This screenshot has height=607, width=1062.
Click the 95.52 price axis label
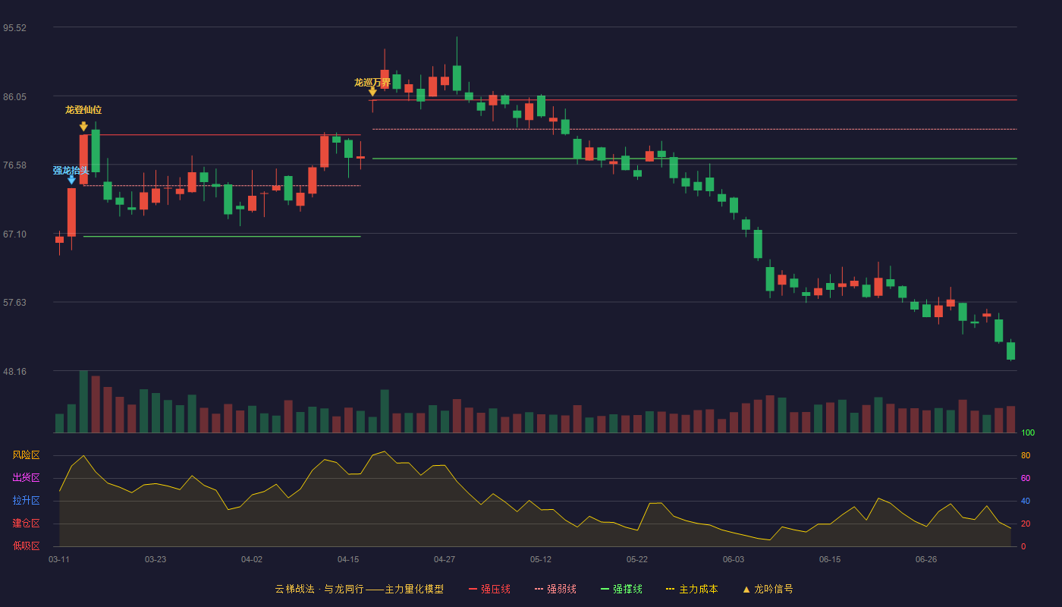point(14,28)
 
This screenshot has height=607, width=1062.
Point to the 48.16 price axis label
point(14,371)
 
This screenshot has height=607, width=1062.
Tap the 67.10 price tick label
point(14,234)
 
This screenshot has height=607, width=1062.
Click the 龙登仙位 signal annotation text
point(83,110)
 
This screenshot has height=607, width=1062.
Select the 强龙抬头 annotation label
point(71,170)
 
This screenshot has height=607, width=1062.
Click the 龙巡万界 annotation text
point(372,83)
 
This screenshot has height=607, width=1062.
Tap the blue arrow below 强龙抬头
point(71,180)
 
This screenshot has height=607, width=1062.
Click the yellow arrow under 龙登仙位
point(83,126)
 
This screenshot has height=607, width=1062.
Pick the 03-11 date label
point(59,560)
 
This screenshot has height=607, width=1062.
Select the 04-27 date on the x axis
point(445,560)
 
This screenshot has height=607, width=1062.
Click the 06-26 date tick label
point(926,560)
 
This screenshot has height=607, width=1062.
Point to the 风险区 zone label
point(26,455)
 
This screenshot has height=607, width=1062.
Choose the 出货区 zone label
point(26,477)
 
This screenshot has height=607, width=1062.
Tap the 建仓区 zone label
point(26,523)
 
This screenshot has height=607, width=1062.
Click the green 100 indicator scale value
point(1028,432)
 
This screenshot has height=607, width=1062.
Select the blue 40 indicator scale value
point(1026,501)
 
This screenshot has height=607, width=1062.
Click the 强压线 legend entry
point(489,589)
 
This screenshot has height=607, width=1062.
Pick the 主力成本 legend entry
point(692,589)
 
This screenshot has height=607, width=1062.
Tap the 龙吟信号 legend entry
point(768,589)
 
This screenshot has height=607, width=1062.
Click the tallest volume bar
point(83,401)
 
